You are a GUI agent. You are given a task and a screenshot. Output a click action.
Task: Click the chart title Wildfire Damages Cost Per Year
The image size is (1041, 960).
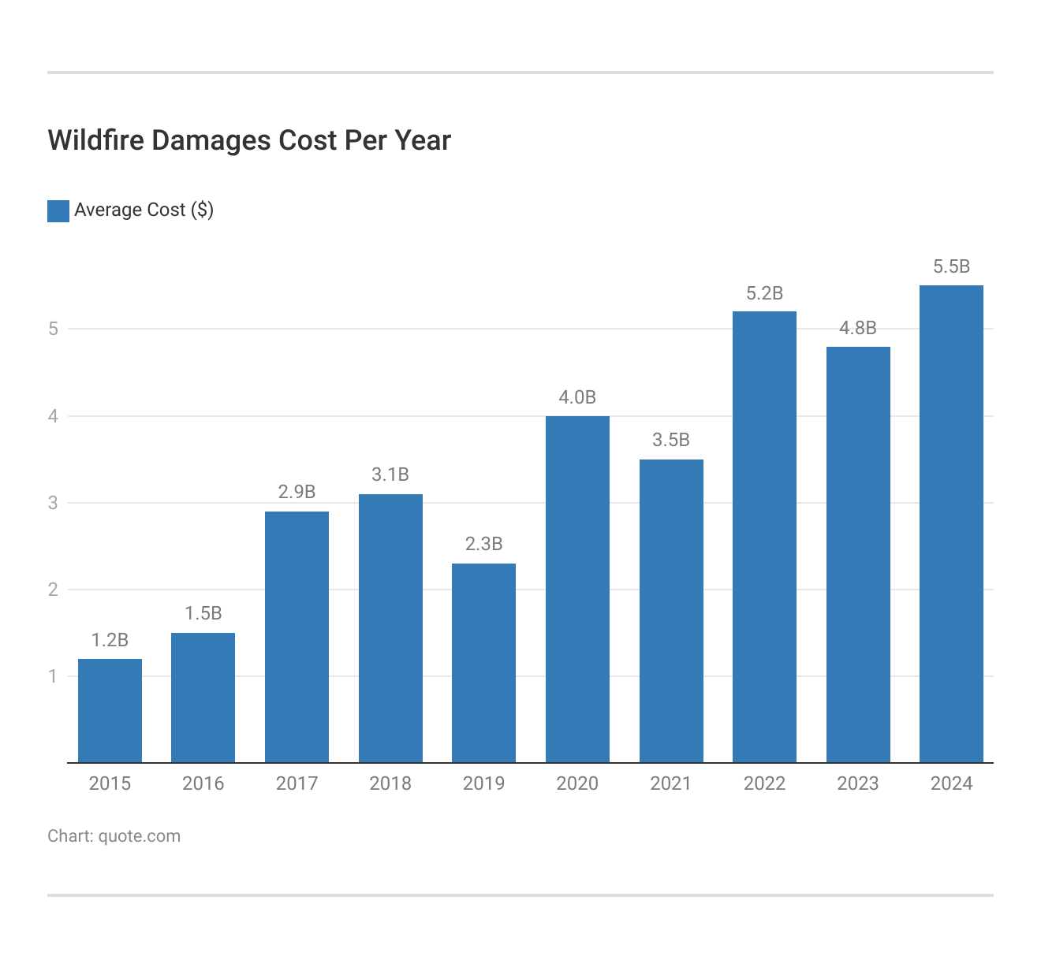coord(249,140)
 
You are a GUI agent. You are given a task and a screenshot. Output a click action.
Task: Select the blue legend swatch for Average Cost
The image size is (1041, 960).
coord(58,210)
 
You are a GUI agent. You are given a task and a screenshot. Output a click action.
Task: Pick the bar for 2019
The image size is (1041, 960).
coord(483,663)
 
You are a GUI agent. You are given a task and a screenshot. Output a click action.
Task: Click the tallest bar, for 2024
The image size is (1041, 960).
coord(951,524)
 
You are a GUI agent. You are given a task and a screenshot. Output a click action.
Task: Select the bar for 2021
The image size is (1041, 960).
coord(671,611)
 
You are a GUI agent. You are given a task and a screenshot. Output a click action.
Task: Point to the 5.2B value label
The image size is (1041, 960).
coord(764,293)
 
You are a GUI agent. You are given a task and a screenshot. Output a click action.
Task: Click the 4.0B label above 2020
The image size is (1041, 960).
coord(577,397)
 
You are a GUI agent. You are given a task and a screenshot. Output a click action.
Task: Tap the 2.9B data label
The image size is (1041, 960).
coord(297,492)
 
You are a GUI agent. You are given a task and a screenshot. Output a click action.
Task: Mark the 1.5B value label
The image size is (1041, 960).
coord(203,613)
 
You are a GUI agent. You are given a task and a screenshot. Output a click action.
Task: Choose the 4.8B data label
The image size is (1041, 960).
coord(858,328)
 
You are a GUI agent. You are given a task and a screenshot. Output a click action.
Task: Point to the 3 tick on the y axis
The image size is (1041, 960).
coord(53,503)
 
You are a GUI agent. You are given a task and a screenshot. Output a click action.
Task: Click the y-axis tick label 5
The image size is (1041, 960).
coord(53,329)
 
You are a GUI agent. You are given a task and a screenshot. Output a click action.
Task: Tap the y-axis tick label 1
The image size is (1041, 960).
coord(53,676)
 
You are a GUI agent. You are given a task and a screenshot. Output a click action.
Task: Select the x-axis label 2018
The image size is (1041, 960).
coord(390,783)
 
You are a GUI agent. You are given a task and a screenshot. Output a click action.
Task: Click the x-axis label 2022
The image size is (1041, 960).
coord(764,783)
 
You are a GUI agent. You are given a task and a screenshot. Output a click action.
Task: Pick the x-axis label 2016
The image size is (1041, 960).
coord(203,783)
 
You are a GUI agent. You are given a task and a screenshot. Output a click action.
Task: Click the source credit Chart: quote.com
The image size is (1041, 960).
coord(114,836)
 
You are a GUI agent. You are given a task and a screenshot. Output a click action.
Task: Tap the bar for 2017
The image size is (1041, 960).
coord(297,637)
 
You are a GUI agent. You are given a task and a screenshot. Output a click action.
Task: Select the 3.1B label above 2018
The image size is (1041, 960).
coord(390,474)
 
